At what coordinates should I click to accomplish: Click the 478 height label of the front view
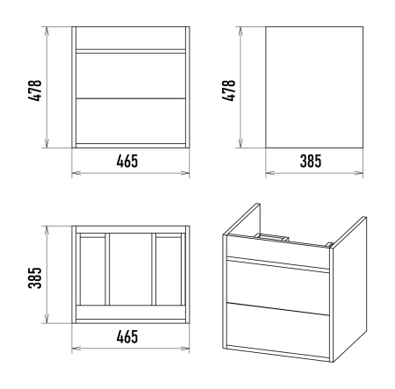(35, 90)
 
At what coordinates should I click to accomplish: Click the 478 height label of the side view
(228, 90)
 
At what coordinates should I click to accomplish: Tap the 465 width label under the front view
(127, 162)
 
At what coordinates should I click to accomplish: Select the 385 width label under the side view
(311, 162)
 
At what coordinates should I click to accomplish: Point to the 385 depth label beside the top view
(35, 277)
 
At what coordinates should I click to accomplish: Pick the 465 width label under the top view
(127, 336)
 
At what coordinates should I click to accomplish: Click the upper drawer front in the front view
(131, 76)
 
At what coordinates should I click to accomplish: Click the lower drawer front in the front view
(131, 121)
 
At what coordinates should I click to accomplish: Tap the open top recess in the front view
(131, 38)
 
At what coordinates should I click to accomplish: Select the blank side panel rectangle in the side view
(314, 87)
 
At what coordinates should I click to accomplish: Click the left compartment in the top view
(92, 270)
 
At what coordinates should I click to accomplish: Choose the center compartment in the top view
(131, 270)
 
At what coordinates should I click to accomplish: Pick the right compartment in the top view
(169, 270)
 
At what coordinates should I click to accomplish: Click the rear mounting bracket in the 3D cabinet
(271, 237)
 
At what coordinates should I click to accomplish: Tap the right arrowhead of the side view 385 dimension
(359, 173)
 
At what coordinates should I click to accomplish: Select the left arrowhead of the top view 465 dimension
(76, 349)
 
